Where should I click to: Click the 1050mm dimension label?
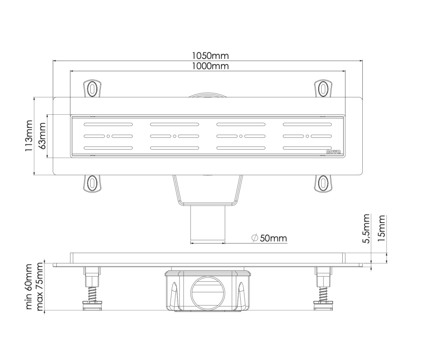[210, 56]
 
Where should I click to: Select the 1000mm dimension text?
[210, 66]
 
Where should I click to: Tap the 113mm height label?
[29, 136]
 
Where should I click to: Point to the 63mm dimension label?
[42, 136]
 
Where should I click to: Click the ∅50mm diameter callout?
[269, 238]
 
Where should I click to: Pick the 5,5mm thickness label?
[367, 228]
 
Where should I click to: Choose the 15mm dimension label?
[382, 228]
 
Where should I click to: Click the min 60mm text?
[29, 287]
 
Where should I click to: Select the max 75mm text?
[40, 287]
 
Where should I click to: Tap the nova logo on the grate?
[334, 152]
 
